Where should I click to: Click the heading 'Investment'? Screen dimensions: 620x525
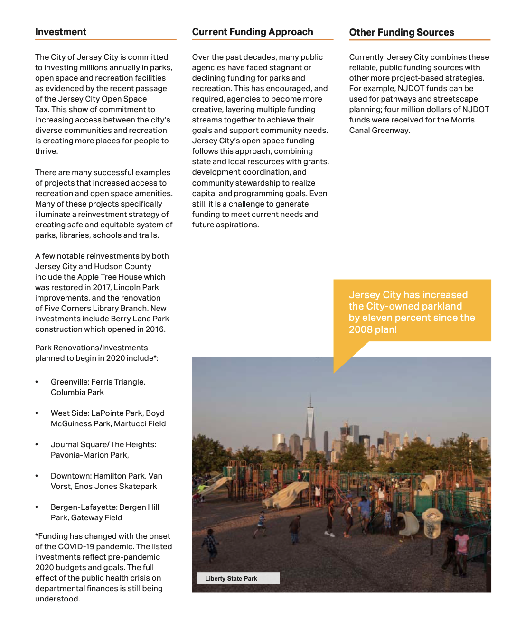(61, 32)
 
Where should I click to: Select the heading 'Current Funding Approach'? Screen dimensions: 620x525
(253, 32)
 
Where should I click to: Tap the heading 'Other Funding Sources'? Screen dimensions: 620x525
(402, 32)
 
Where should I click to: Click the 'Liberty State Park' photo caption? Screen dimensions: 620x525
(231, 578)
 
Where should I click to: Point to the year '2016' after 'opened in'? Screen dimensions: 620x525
(155, 329)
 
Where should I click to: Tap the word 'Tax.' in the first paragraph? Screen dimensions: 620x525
(42, 109)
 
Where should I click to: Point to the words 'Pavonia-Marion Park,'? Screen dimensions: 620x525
(90, 455)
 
